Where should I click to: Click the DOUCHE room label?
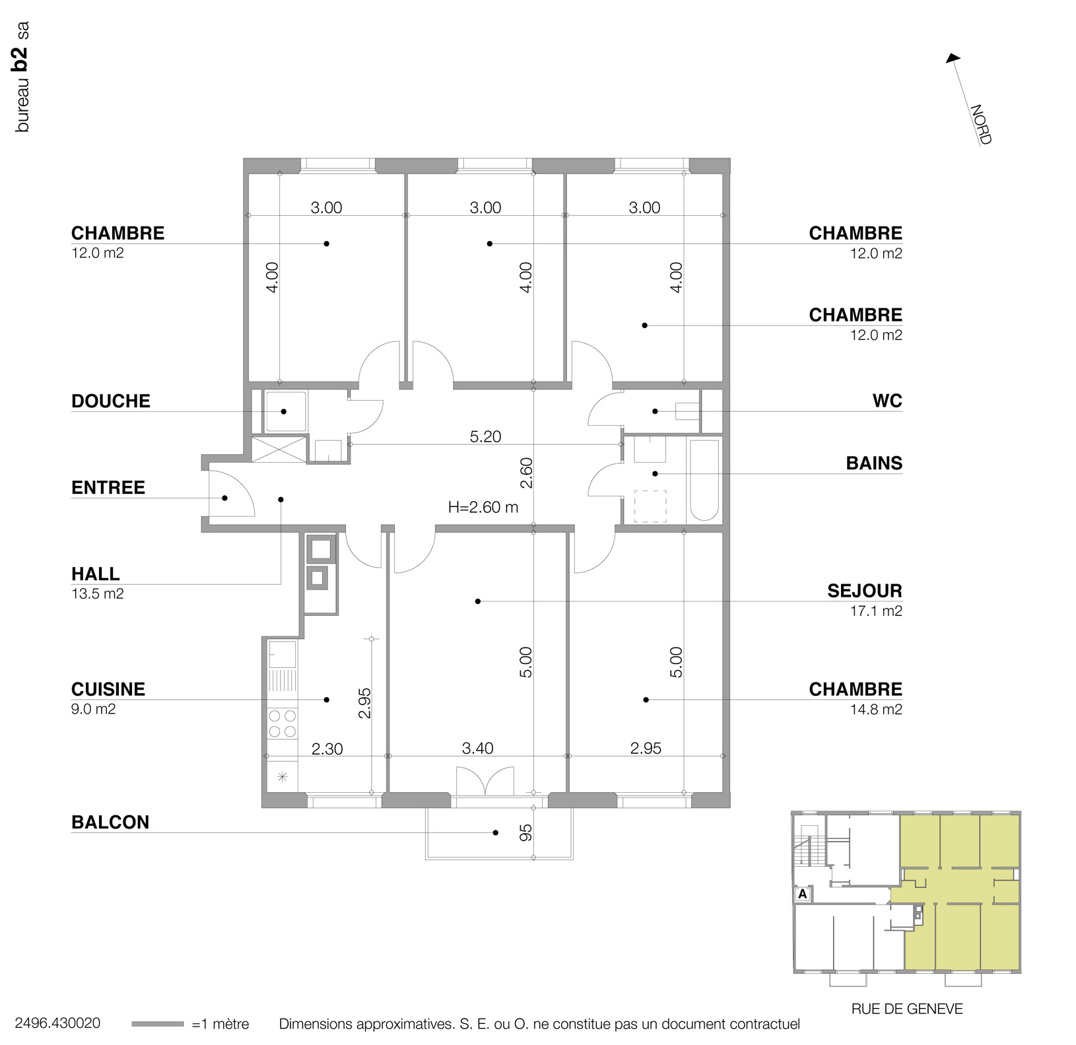coord(111,401)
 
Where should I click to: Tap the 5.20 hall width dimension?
coord(485,437)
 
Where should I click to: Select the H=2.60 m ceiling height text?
coord(483,508)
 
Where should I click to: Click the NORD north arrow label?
coord(980,124)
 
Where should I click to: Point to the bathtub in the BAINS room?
coord(704,480)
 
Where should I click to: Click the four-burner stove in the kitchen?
coord(283,724)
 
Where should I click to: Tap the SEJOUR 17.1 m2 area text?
coord(876,611)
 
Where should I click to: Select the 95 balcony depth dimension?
coord(525,833)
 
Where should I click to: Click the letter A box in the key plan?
coord(803,894)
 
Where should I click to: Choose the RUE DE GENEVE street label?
coord(907,1009)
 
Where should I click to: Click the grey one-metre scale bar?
coord(158,1024)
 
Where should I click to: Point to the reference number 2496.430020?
coord(57,1023)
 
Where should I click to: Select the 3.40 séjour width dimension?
coord(477,749)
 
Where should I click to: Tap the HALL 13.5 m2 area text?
coord(97,594)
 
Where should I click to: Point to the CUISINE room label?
coord(108,690)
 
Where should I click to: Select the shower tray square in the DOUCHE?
coord(285,411)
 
